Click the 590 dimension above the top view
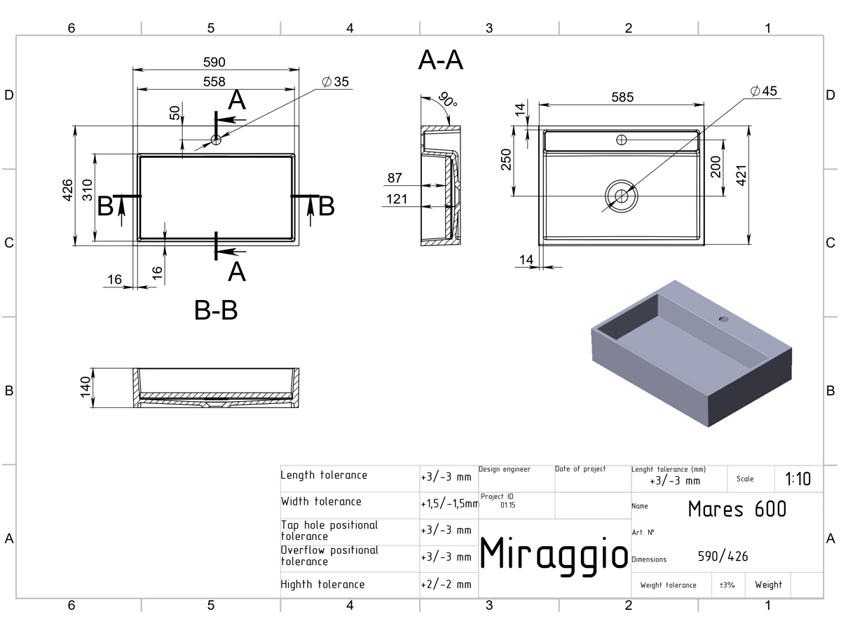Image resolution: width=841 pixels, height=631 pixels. [214, 62]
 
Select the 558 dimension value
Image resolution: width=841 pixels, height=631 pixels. [214, 81]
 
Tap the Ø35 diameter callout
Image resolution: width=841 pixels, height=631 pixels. [335, 81]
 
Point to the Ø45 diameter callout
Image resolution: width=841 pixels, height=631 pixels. [764, 91]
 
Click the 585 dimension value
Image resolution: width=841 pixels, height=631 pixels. [622, 97]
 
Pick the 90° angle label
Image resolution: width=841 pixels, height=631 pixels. [448, 100]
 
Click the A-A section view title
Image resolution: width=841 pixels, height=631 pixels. [441, 60]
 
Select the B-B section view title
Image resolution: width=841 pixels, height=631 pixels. [216, 310]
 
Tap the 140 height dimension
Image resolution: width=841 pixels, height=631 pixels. [86, 387]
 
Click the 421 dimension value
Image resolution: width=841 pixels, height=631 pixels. [741, 175]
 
